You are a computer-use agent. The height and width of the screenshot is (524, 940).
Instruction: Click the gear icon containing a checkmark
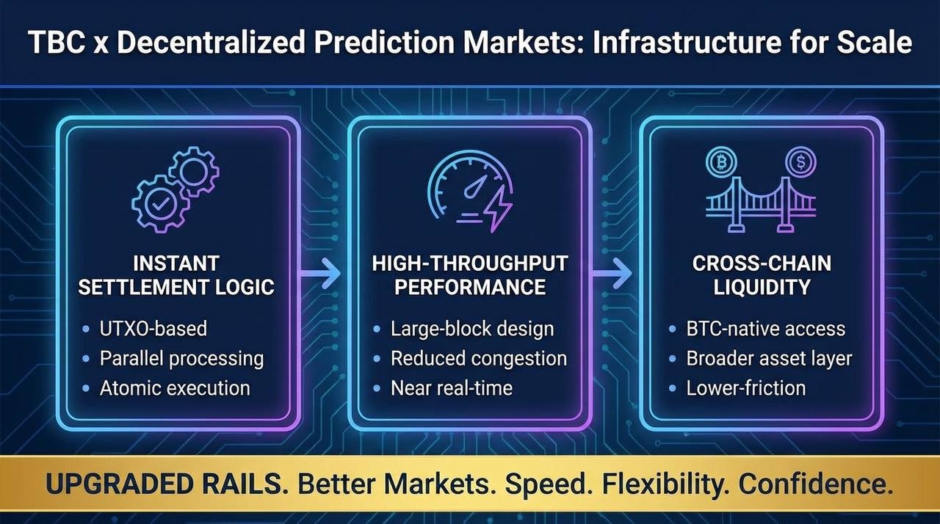pyautogui.click(x=160, y=204)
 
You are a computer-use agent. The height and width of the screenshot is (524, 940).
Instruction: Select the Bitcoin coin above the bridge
pyautogui.click(x=721, y=161)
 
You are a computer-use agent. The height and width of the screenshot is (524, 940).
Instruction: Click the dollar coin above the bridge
pyautogui.click(x=800, y=161)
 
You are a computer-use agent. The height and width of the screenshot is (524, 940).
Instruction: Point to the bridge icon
pyautogui.click(x=761, y=204)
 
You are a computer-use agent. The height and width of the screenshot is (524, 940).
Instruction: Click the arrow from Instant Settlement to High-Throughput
pyautogui.click(x=319, y=273)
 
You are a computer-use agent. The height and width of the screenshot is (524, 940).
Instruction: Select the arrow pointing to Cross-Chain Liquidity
pyautogui.click(x=612, y=273)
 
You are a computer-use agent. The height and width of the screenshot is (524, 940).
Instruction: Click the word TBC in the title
pyautogui.click(x=57, y=43)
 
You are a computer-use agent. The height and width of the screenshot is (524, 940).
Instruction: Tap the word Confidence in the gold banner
pyautogui.click(x=815, y=484)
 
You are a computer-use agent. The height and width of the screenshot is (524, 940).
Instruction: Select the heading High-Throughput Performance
pyautogui.click(x=470, y=275)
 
